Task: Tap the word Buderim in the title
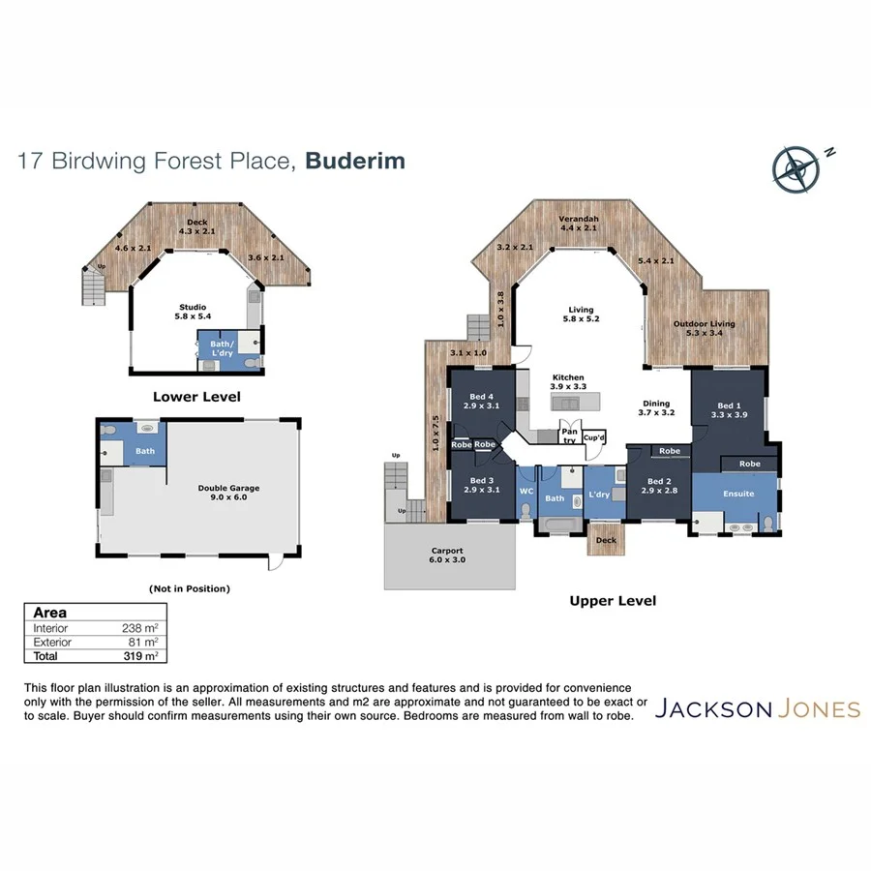point(355,161)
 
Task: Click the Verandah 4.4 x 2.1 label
point(579,224)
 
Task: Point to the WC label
point(526,492)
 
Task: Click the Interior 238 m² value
point(141,628)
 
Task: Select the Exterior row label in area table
point(52,642)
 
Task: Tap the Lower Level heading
point(196,397)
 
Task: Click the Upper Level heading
point(613,601)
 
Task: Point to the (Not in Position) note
point(190,587)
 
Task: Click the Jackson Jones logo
point(757,709)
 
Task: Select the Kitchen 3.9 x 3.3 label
point(568,382)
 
